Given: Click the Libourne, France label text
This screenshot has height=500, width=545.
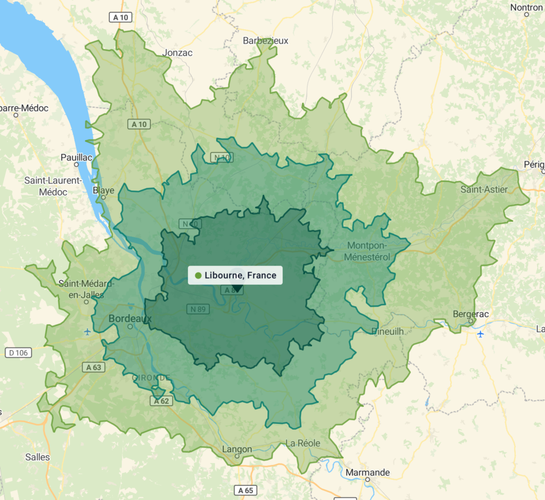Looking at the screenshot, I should coord(240,276).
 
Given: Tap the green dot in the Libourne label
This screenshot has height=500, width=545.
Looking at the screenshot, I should coord(199,276).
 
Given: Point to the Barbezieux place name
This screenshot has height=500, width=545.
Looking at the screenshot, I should coord(265,41).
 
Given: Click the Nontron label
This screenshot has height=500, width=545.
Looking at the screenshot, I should coord(526,7).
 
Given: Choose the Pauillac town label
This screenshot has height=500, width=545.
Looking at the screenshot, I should coord(77,157).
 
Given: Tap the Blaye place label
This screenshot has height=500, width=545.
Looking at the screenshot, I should coord(103,190).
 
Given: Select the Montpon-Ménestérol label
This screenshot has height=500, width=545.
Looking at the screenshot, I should coord(368,251).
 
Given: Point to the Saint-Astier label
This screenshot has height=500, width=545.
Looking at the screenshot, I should coord(484,189).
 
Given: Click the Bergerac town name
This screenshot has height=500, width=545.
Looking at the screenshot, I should coord(470,314).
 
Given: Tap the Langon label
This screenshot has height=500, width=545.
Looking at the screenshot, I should coord(237,449).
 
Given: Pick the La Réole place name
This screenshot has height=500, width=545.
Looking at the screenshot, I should coord(303,443).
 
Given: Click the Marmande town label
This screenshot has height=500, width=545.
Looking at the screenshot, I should coord(368,472).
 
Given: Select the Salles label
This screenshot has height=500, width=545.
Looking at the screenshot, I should coord(38,457).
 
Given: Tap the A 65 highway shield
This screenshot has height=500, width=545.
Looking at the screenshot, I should coord(245,490).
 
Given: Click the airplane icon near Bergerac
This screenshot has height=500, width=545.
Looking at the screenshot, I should coord(481,334).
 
